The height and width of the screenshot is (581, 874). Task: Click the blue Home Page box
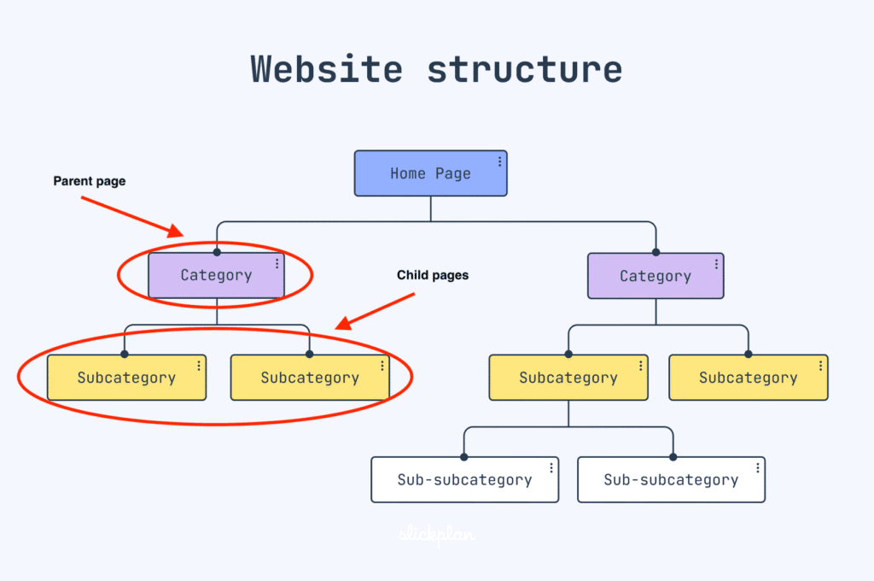pyautogui.click(x=430, y=173)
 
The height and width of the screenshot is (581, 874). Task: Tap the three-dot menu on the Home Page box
pyautogui.click(x=500, y=161)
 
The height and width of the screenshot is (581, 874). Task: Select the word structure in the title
pyautogui.click(x=524, y=68)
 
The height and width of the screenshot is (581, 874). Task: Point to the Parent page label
pyautogui.click(x=90, y=181)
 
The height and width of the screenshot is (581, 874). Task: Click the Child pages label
pyautogui.click(x=433, y=275)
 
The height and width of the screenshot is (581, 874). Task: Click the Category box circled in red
pyautogui.click(x=216, y=275)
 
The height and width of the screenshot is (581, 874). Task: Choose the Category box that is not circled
pyautogui.click(x=655, y=276)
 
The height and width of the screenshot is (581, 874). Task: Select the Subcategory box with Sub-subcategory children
pyautogui.click(x=568, y=378)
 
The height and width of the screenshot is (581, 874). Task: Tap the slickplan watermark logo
pyautogui.click(x=437, y=536)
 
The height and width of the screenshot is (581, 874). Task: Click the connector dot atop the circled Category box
pyautogui.click(x=217, y=252)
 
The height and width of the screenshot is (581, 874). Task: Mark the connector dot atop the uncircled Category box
pyautogui.click(x=656, y=252)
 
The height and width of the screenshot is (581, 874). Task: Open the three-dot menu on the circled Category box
pyautogui.click(x=277, y=263)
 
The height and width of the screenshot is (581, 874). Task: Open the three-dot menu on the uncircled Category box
pyautogui.click(x=716, y=264)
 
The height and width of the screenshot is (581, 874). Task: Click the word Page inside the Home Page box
pyautogui.click(x=453, y=173)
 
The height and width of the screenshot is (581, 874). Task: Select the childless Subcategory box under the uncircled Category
pyautogui.click(x=749, y=378)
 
